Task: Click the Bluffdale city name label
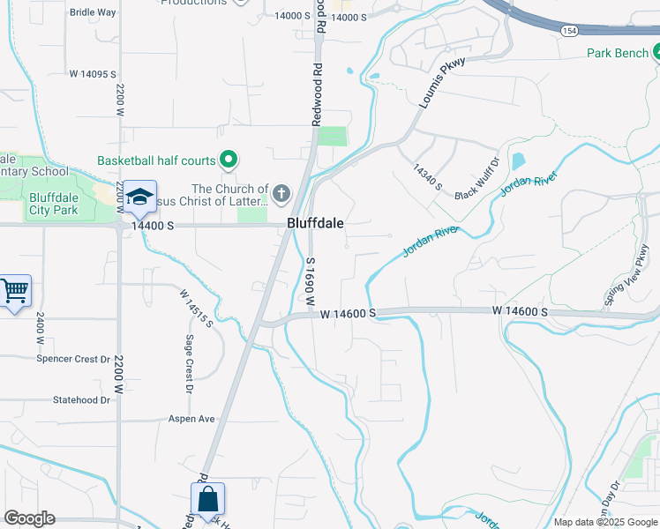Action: click(315, 224)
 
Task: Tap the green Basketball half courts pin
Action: click(229, 160)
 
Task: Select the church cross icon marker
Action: click(281, 193)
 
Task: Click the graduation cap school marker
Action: click(139, 196)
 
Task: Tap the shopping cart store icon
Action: click(14, 290)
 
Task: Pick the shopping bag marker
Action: click(207, 499)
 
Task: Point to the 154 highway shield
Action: click(569, 30)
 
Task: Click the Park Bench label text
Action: click(618, 53)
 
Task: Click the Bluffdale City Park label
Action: click(65, 204)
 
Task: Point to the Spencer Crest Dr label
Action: click(73, 359)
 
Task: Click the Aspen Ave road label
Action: click(191, 419)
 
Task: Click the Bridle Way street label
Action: click(93, 12)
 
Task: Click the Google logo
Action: click(29, 518)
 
